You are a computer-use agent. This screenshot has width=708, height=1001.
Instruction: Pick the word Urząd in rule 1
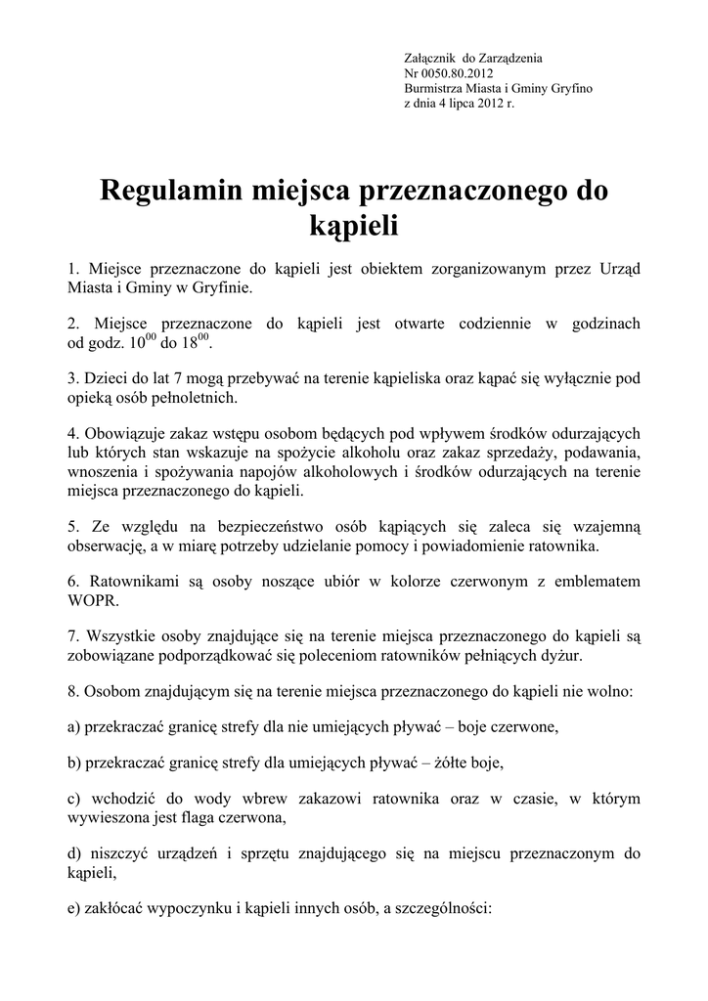(x=616, y=268)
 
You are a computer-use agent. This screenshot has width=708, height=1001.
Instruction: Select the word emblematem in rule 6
(x=596, y=582)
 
